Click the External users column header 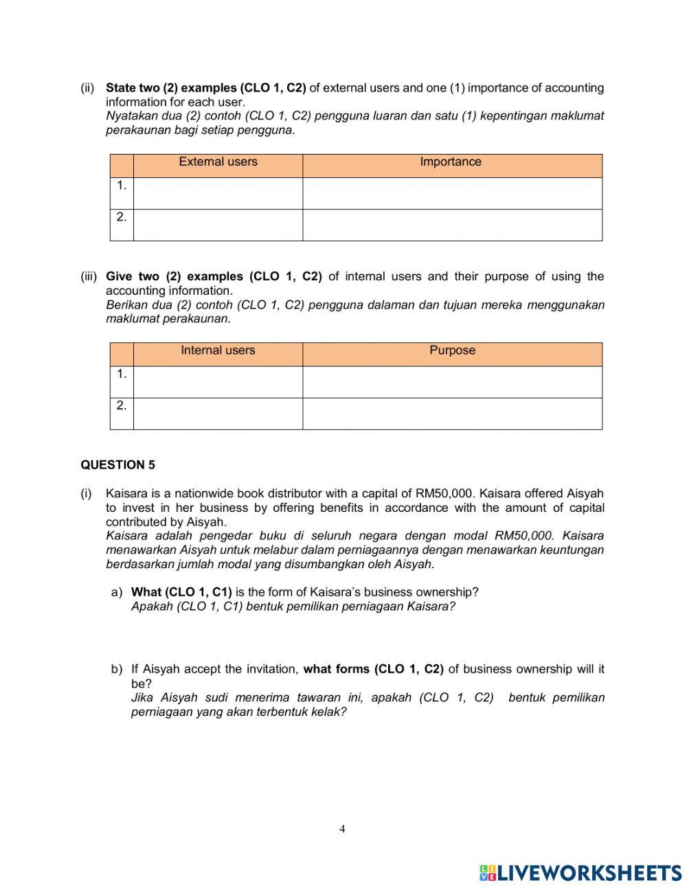(218, 162)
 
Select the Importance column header (451, 162)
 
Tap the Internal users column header (218, 350)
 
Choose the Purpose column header (452, 350)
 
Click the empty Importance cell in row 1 (452, 193)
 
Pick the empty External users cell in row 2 (218, 225)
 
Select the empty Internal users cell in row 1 (218, 381)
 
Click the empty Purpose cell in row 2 (452, 414)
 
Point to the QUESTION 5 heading (118, 465)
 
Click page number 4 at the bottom (342, 829)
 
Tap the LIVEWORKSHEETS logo (581, 873)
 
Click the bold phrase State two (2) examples (170, 88)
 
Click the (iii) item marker (89, 276)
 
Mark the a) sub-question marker (117, 592)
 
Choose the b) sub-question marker (117, 669)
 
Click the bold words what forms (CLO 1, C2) (374, 669)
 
